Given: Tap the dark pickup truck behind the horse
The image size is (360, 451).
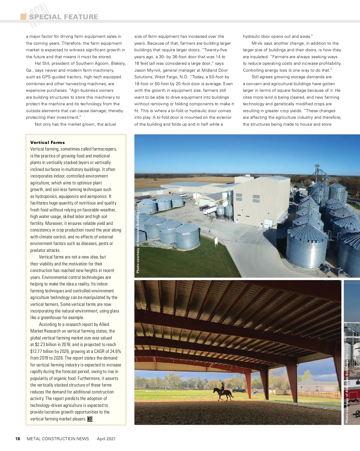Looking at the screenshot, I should click(239, 390).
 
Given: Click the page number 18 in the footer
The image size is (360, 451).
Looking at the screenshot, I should click(18, 439).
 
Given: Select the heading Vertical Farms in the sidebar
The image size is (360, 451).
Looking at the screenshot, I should click(47, 142).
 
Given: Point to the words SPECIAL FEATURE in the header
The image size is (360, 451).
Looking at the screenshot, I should click(64, 17).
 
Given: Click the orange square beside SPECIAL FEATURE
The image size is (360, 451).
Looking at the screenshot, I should click(23, 17).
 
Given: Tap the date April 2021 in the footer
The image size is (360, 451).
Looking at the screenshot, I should click(106, 439).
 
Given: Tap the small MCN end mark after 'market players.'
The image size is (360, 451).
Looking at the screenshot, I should click(90, 419).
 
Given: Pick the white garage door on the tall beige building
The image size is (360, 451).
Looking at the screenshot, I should click(268, 223).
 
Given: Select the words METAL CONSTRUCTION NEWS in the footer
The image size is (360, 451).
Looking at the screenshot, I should click(58, 439).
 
